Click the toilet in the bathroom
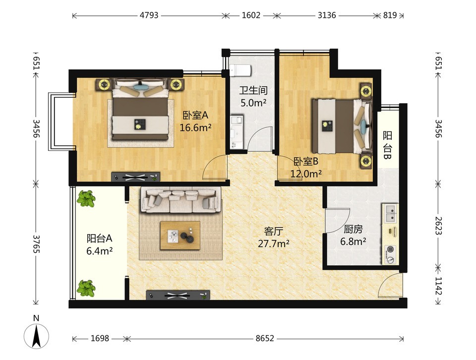click(240, 70)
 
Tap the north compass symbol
click(36, 336)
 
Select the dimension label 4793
click(149, 15)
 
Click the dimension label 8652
click(265, 338)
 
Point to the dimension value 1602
click(251, 15)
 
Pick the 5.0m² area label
click(253, 103)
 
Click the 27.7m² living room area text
click(274, 243)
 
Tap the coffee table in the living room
click(180, 236)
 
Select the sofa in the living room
click(180, 200)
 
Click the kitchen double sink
click(391, 213)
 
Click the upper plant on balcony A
click(86, 198)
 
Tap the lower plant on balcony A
click(86, 288)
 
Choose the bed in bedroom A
click(140, 109)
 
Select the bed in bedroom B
click(342, 125)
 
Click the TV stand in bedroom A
click(136, 177)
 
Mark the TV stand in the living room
click(178, 295)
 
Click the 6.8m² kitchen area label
click(353, 241)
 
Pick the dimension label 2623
click(438, 226)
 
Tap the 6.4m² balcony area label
click(100, 251)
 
